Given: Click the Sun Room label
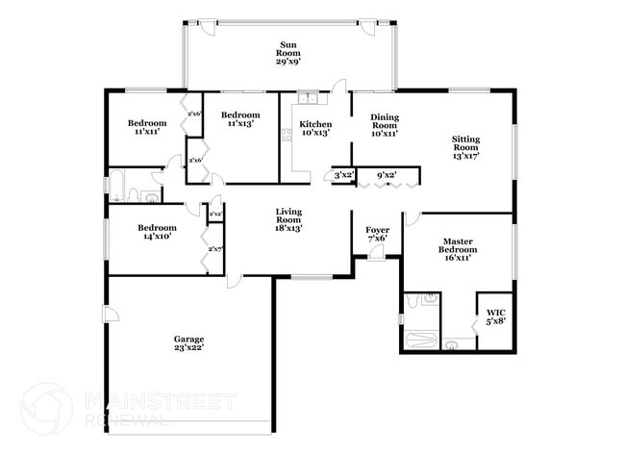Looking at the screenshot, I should point(287,53).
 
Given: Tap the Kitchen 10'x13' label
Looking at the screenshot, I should point(315,129).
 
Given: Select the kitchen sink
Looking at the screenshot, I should point(307,97).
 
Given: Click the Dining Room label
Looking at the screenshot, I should point(385,125).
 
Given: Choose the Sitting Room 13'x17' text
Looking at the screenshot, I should point(465,146).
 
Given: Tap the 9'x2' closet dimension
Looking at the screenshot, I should point(387,176).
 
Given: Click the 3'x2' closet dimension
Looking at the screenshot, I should point(343,176).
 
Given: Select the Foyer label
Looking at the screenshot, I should point(377,235).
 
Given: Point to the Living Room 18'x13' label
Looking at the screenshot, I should point(288,220).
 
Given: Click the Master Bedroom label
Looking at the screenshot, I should point(459,251).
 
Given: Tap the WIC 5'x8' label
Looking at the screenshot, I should point(495,316).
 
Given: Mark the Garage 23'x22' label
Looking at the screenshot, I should point(188,343).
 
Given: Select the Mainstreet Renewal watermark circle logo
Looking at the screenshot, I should point(47,408).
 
